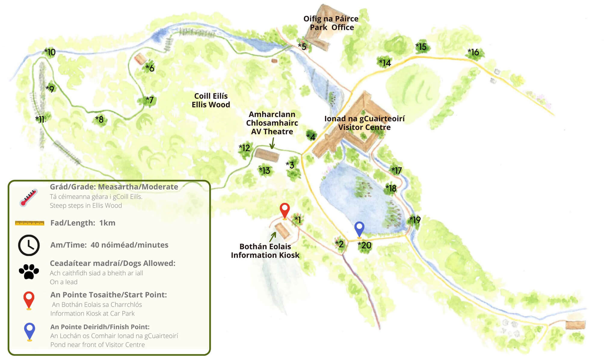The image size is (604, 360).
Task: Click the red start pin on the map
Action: (x=285, y=210)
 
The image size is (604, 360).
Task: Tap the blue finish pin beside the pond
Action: (x=359, y=228)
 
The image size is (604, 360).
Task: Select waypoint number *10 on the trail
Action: (x=50, y=52)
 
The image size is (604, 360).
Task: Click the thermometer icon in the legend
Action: (x=29, y=197)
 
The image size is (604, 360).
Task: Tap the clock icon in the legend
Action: (x=29, y=245)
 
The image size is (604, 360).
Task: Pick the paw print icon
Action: (x=29, y=271)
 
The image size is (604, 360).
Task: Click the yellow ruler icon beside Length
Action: (x=29, y=223)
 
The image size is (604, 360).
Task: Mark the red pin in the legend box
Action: (x=29, y=299)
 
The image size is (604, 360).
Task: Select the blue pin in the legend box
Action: (x=29, y=331)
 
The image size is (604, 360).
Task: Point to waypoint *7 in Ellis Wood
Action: (x=150, y=100)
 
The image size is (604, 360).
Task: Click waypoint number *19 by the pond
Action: (x=415, y=220)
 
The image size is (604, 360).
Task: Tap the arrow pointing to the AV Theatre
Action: (x=272, y=143)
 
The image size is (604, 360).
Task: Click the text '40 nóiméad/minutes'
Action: (x=129, y=245)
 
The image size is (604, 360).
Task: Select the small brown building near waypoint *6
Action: (x=140, y=59)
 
